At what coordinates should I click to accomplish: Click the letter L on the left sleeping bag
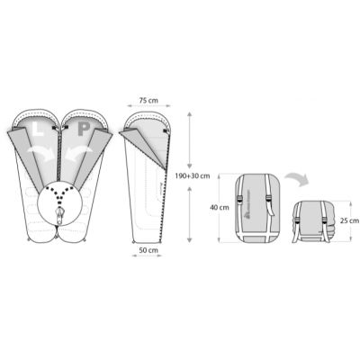coord(37,130)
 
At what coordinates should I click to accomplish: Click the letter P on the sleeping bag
coord(83,130)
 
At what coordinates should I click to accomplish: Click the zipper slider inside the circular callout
coord(61,217)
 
